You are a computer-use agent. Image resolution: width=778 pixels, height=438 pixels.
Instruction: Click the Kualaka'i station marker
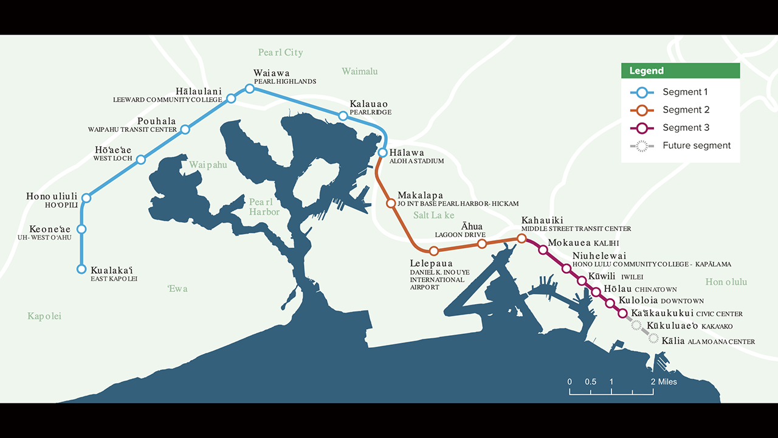pos(81,269)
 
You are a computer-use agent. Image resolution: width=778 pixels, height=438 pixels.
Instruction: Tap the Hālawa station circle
pos(382,153)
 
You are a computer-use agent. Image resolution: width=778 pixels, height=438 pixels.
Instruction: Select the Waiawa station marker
pos(249,89)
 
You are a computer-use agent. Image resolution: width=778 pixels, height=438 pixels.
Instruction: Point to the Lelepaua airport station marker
pos(433,251)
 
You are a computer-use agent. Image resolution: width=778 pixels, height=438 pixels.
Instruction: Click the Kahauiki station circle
pos(521,238)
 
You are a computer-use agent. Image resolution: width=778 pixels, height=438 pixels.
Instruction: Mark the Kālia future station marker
pos(653,338)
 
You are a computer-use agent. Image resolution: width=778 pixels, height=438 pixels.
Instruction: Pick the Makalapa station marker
pos(391,203)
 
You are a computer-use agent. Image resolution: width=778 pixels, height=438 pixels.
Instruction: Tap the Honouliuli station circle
pos(86,198)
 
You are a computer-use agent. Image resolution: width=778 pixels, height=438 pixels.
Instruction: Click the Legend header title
pos(646,71)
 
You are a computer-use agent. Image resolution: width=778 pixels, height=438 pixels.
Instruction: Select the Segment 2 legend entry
pos(685,110)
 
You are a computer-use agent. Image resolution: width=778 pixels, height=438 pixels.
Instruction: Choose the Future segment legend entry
pos(696,145)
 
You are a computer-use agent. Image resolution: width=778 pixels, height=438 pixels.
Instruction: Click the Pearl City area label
pos(280,53)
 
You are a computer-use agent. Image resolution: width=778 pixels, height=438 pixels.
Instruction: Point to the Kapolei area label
pos(44,316)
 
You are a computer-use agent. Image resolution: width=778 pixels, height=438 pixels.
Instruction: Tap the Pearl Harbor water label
pos(264,207)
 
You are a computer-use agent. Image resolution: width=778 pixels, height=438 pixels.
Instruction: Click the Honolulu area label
pos(726,282)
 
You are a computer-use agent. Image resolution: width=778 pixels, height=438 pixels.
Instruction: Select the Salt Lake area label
pos(433,215)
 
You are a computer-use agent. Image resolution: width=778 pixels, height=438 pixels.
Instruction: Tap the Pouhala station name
pos(156,121)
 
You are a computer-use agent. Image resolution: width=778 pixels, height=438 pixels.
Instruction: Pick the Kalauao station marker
pos(343,116)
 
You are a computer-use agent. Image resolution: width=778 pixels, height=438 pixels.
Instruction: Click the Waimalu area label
pos(359,72)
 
